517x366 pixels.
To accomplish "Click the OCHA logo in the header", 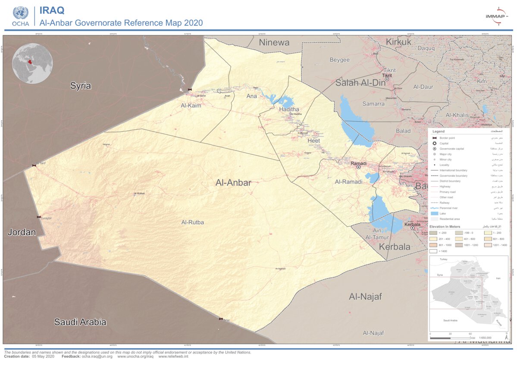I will click(x=20, y=16).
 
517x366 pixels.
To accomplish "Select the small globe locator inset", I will click(x=32, y=63).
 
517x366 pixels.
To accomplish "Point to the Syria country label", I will click(x=81, y=86).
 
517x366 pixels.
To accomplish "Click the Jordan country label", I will click(x=22, y=232).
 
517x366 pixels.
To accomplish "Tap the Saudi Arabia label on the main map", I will click(x=80, y=322).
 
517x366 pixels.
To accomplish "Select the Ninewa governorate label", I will click(x=274, y=42).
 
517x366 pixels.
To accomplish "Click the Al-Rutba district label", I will click(x=192, y=222).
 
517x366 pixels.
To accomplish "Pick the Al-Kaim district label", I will click(x=191, y=106).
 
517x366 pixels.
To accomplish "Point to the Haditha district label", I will click(x=289, y=109).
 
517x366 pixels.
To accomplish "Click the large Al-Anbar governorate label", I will click(x=233, y=183).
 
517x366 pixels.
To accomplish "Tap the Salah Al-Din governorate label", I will click(x=360, y=83).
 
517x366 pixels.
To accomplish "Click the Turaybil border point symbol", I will click(x=39, y=217).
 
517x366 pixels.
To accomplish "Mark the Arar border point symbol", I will click(x=221, y=319).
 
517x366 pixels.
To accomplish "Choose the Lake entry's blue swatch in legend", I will click(x=435, y=213).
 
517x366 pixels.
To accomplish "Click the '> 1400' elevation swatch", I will click(x=433, y=250).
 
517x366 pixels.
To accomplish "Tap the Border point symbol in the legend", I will click(x=435, y=138).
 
